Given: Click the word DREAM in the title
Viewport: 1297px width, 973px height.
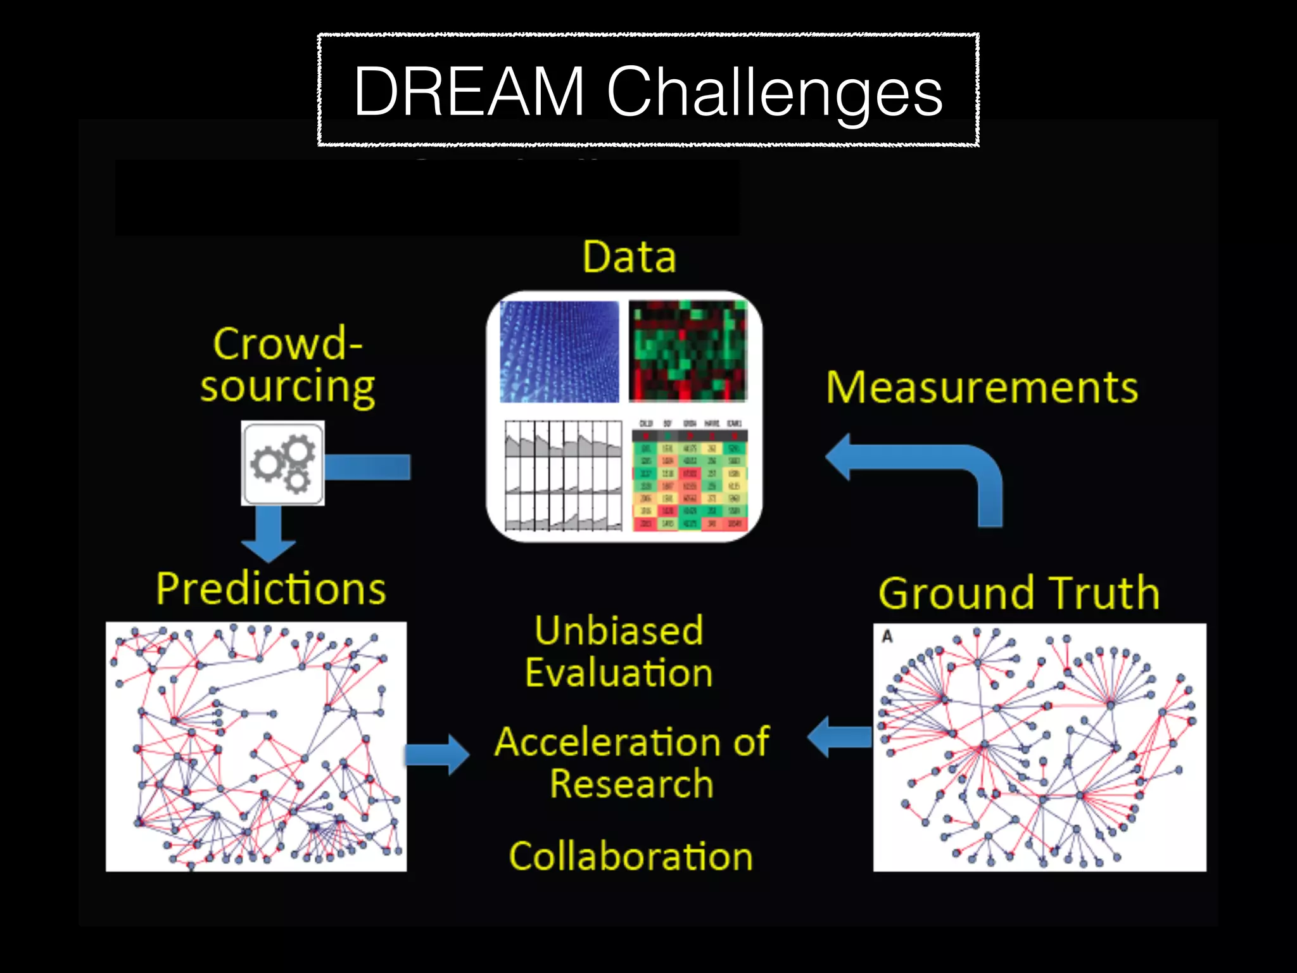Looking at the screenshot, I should [x=469, y=92].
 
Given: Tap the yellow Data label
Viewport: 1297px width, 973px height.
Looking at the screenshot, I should [x=629, y=257].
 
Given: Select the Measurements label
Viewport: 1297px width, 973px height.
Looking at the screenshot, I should [x=982, y=388].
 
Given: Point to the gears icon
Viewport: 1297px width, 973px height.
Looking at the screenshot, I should [x=283, y=463].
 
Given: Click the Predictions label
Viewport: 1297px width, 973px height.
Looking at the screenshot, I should [x=271, y=588].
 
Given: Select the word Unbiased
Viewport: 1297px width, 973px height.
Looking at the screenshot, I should [x=619, y=631].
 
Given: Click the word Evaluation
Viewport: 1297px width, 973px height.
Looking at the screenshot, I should [x=619, y=673].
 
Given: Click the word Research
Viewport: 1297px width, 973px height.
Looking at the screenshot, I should [x=631, y=784].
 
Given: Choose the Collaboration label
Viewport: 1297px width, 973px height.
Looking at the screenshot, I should [x=631, y=856].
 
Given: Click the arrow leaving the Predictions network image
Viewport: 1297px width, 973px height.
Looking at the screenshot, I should [x=437, y=754].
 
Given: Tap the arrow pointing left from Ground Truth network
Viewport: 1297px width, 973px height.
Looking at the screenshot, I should [x=840, y=737].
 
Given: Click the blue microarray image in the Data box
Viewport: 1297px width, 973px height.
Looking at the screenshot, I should [x=559, y=352].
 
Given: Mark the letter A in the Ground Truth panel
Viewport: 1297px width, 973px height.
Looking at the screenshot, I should [x=887, y=636].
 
